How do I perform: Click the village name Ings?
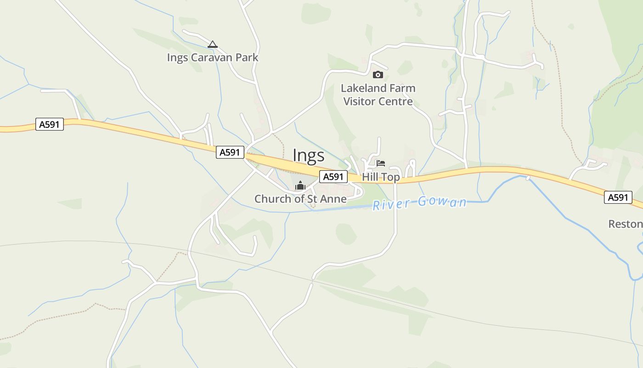[x=309, y=156]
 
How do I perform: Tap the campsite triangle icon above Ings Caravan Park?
[x=212, y=45]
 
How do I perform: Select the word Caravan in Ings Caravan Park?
[x=210, y=58]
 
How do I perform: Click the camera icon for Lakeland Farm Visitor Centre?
[x=378, y=75]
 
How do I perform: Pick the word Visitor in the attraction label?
[x=361, y=102]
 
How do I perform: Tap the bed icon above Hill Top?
[x=381, y=163]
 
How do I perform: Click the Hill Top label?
[x=381, y=177]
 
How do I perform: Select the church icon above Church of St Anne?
[x=300, y=186]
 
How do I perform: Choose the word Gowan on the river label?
[x=442, y=202]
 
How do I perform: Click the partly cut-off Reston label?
[x=625, y=224]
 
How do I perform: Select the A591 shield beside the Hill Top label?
[x=333, y=177]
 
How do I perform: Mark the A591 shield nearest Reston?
[x=618, y=197]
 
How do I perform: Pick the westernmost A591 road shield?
[x=50, y=124]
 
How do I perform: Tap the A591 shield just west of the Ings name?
[x=230, y=152]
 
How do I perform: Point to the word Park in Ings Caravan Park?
[x=248, y=58]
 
